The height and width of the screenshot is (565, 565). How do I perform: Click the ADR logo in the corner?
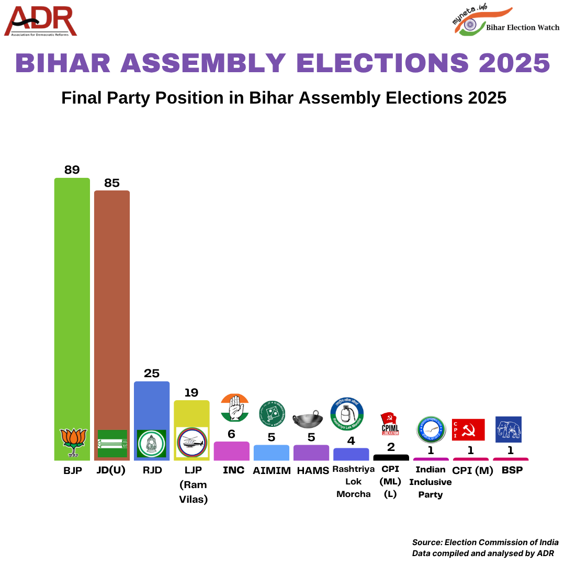tap(41, 21)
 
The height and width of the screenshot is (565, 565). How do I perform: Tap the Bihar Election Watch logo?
tap(505, 22)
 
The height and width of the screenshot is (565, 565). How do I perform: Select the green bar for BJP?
tap(72, 303)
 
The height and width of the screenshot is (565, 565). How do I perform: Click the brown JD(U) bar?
tap(112, 309)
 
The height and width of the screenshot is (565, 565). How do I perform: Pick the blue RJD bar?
tap(152, 408)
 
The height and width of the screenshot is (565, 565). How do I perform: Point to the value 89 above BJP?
tap(72, 170)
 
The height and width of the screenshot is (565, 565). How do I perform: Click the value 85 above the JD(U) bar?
tap(112, 183)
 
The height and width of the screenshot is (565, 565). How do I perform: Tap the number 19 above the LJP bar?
tap(191, 392)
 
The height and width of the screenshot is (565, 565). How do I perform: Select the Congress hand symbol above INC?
tap(234, 408)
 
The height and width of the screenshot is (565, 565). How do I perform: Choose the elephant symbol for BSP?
tap(508, 430)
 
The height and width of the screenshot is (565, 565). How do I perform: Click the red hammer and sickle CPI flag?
tap(469, 430)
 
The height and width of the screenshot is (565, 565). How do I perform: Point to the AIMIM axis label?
tap(272, 470)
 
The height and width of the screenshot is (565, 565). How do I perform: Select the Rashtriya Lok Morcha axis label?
tap(353, 482)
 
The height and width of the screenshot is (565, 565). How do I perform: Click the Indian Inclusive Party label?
tap(430, 482)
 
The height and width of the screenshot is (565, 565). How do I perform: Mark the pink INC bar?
tap(232, 451)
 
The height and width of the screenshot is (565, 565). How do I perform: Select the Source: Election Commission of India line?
tap(485, 543)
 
